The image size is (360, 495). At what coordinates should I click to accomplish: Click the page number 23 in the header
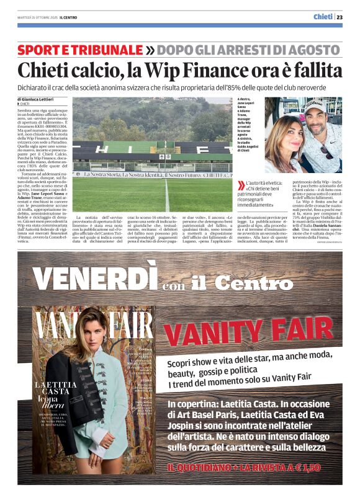[x=348, y=17]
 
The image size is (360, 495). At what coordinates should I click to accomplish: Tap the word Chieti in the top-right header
[x=323, y=17]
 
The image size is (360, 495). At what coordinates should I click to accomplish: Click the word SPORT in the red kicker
[x=39, y=50]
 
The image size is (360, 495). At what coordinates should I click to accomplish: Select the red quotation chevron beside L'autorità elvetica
[x=241, y=185]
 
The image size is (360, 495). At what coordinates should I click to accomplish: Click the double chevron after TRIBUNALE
[x=150, y=50]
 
